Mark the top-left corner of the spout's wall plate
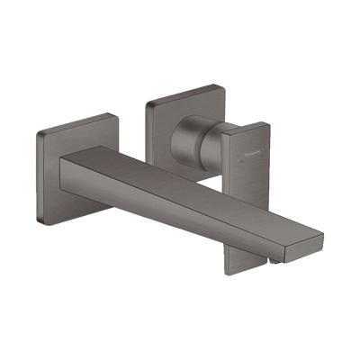coord(41,133)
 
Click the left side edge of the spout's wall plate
coord(39,175)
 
